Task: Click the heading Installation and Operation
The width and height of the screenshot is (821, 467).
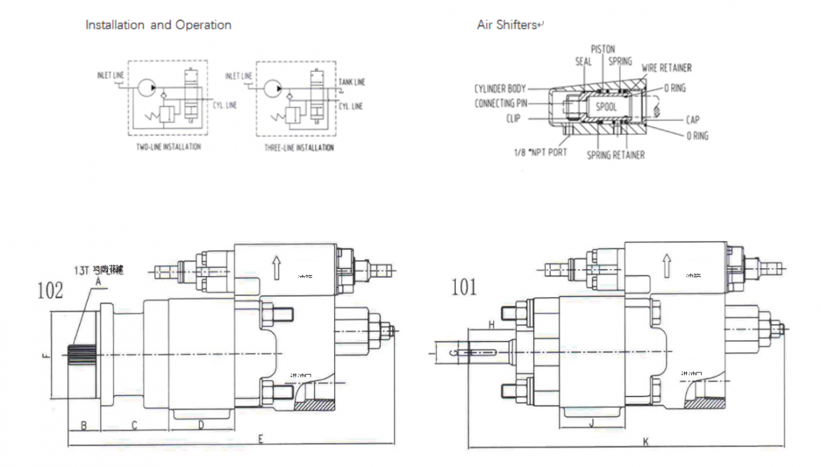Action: [x=158, y=25]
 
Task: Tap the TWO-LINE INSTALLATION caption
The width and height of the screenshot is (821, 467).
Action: [x=168, y=147]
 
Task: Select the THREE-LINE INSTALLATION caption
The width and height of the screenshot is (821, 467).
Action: [x=298, y=147]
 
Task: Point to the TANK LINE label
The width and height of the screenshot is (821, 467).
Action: [x=352, y=83]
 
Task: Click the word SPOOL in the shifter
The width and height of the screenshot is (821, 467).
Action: [x=606, y=107]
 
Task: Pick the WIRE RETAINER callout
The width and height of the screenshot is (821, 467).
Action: [x=666, y=68]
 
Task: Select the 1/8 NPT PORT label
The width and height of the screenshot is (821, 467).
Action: [x=541, y=152]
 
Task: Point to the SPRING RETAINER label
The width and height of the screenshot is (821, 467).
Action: [x=616, y=155]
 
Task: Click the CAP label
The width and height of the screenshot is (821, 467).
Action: [x=692, y=120]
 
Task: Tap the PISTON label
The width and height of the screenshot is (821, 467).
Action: [x=603, y=49]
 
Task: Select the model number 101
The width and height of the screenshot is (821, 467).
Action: [x=464, y=286]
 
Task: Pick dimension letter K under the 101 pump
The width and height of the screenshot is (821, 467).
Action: [x=645, y=442]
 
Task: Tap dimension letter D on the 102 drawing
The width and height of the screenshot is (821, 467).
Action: [x=201, y=425]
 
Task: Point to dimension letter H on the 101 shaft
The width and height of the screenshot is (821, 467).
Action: [x=491, y=323]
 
